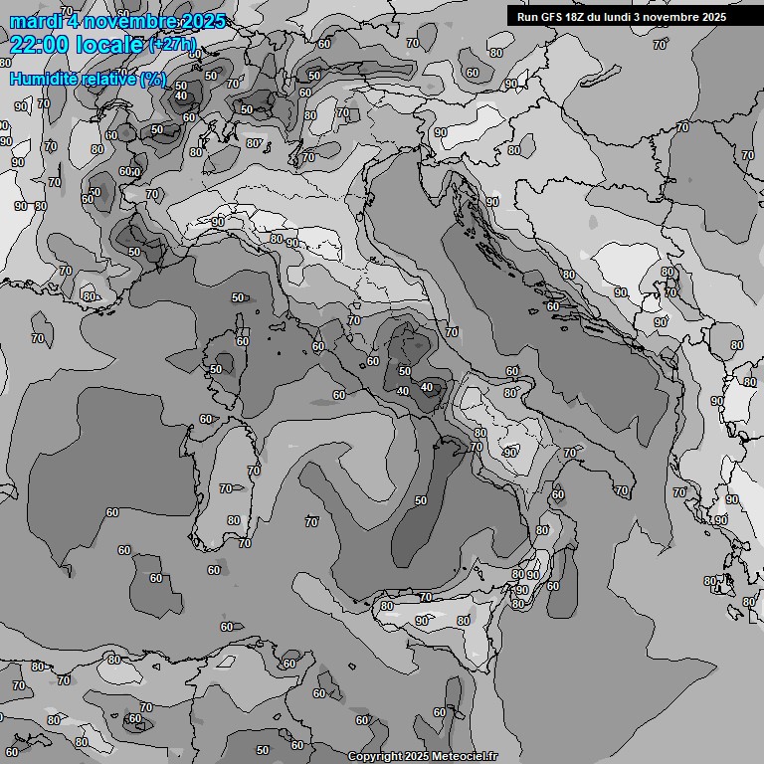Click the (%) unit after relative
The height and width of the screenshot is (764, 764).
point(152,79)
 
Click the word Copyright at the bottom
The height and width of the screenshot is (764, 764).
point(373,757)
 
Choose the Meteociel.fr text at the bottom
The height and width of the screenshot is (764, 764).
point(465,757)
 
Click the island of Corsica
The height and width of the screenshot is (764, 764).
point(225,358)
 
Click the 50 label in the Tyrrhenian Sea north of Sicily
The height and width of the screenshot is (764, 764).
point(421,500)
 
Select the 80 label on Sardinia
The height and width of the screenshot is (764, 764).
point(233,520)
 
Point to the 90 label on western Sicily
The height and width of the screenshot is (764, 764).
point(422,621)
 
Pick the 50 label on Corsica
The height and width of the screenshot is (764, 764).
point(216,369)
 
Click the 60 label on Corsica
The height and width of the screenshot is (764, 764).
point(242,341)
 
